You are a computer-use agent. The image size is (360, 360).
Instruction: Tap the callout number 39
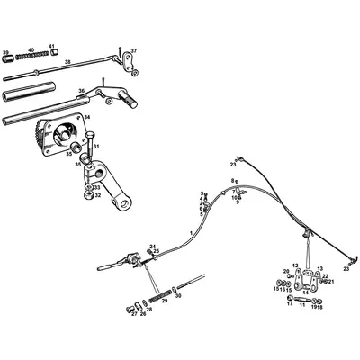6,52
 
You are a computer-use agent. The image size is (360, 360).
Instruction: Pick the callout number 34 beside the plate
88,117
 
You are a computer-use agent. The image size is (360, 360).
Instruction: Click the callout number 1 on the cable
191,232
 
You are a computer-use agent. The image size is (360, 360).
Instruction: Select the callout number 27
133,314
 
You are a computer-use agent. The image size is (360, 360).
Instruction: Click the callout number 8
231,182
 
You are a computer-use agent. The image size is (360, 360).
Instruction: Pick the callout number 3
202,193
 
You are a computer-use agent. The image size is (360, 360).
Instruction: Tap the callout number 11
301,305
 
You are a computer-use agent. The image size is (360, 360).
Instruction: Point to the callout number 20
287,271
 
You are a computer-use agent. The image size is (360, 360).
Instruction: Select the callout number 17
290,305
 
